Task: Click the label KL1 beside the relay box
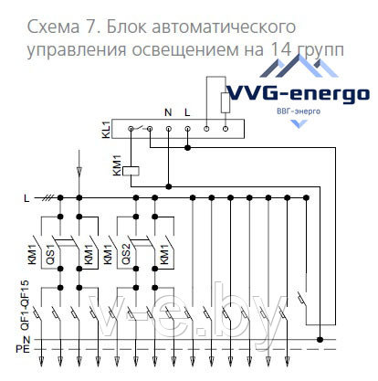(x=105, y=130)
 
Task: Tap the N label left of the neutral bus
(x=26, y=339)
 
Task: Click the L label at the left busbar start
(x=26, y=197)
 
